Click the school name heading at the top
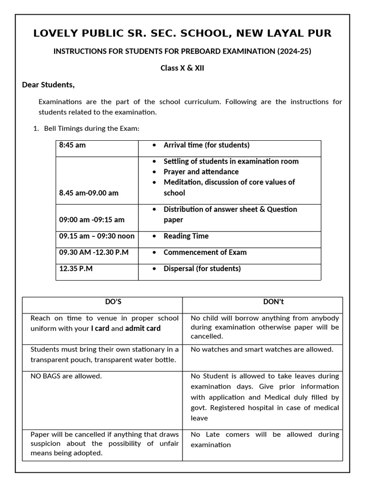182,33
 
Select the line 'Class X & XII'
182,68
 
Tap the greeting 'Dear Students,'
48,85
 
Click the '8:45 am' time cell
72,145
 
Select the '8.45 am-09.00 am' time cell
89,193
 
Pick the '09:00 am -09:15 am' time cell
92,220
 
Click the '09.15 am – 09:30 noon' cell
96,236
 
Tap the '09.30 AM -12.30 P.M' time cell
94,252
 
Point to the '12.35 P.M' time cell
76,268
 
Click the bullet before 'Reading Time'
154,236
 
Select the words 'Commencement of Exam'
205,252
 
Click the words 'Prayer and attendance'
201,172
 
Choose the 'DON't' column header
273,302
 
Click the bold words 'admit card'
143,328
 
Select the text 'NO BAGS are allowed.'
66,376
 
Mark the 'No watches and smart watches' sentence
262,350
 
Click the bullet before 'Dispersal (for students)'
154,269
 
